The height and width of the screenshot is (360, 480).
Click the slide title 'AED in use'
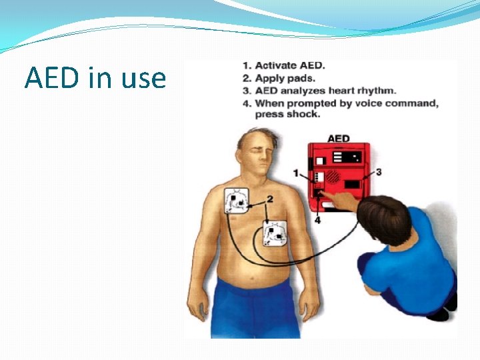click(x=95, y=78)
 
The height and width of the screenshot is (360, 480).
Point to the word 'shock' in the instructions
click(x=305, y=114)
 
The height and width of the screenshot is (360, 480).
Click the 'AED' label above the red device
click(x=339, y=139)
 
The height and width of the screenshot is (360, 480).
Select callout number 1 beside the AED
click(x=296, y=173)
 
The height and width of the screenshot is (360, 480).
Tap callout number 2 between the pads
click(x=270, y=199)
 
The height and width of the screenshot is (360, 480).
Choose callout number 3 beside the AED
click(x=379, y=172)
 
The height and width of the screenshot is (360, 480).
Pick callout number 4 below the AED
click(x=317, y=220)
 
